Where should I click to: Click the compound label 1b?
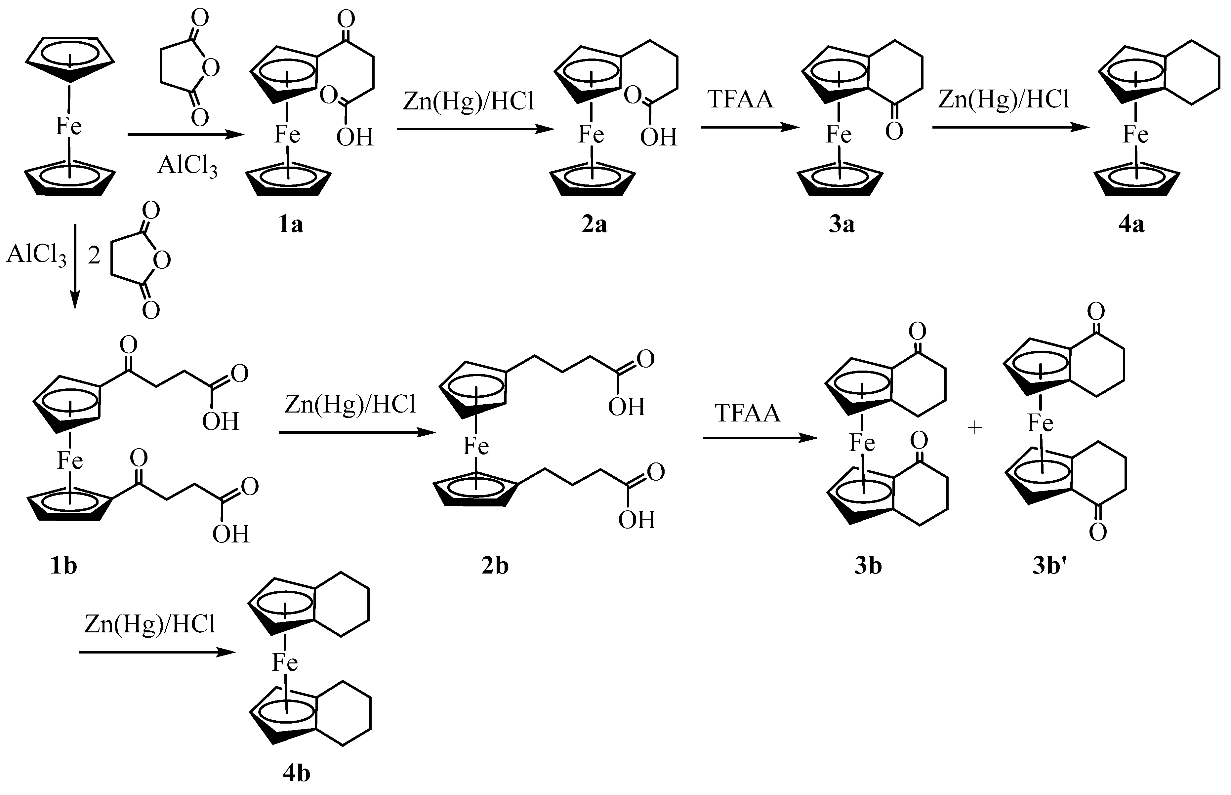(x=63, y=566)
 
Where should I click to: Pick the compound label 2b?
(x=495, y=566)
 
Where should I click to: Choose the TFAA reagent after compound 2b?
(x=747, y=414)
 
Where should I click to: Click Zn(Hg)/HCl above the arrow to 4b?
(x=150, y=625)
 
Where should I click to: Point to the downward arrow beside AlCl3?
(x=75, y=266)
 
